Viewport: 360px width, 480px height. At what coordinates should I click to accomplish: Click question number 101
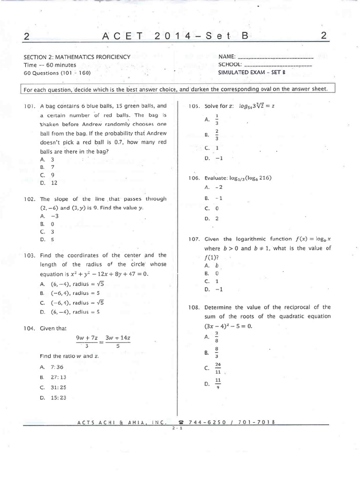click(x=30, y=106)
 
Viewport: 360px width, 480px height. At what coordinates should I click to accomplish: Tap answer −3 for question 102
click(x=49, y=216)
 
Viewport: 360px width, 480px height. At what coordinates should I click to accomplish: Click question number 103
click(x=30, y=255)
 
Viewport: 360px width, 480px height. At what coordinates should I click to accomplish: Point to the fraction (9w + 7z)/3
click(x=86, y=341)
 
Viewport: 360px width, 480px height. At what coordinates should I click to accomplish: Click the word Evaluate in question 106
click(x=216, y=178)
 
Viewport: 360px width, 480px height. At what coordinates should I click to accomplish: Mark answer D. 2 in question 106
click(x=212, y=218)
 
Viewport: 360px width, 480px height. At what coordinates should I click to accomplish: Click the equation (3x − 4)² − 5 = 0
click(x=228, y=325)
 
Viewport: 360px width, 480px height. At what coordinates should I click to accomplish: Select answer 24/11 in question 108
click(x=217, y=368)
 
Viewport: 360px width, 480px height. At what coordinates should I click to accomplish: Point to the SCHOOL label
click(x=230, y=65)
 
